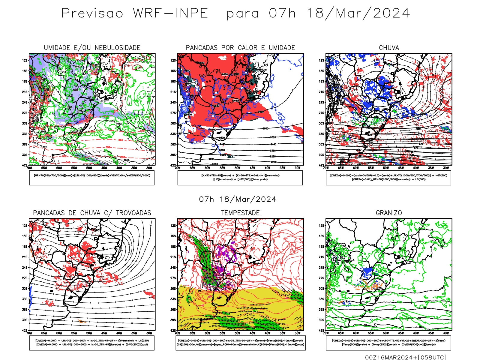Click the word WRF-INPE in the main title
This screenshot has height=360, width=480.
pos(170,13)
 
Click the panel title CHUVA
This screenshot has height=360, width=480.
pos(389,48)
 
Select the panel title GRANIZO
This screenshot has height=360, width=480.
pos(389,213)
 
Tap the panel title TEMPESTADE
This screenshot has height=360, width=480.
pos(240,213)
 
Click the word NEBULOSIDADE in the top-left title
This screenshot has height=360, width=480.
pos(118,48)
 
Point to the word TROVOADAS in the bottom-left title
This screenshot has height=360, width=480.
pos(133,213)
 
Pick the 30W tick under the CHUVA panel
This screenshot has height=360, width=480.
pos(446,168)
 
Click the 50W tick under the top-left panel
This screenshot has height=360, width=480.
pos(89,168)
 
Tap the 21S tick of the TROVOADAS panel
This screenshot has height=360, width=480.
pos(25,257)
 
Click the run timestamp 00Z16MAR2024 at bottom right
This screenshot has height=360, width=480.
pos(390,357)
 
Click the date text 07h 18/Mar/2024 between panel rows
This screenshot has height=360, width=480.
pos(238,199)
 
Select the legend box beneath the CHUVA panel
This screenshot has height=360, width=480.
pos(388,178)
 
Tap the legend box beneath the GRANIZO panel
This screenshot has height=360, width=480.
pos(388,343)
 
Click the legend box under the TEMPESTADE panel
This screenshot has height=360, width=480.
pos(240,343)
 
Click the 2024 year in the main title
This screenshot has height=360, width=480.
pos(391,13)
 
